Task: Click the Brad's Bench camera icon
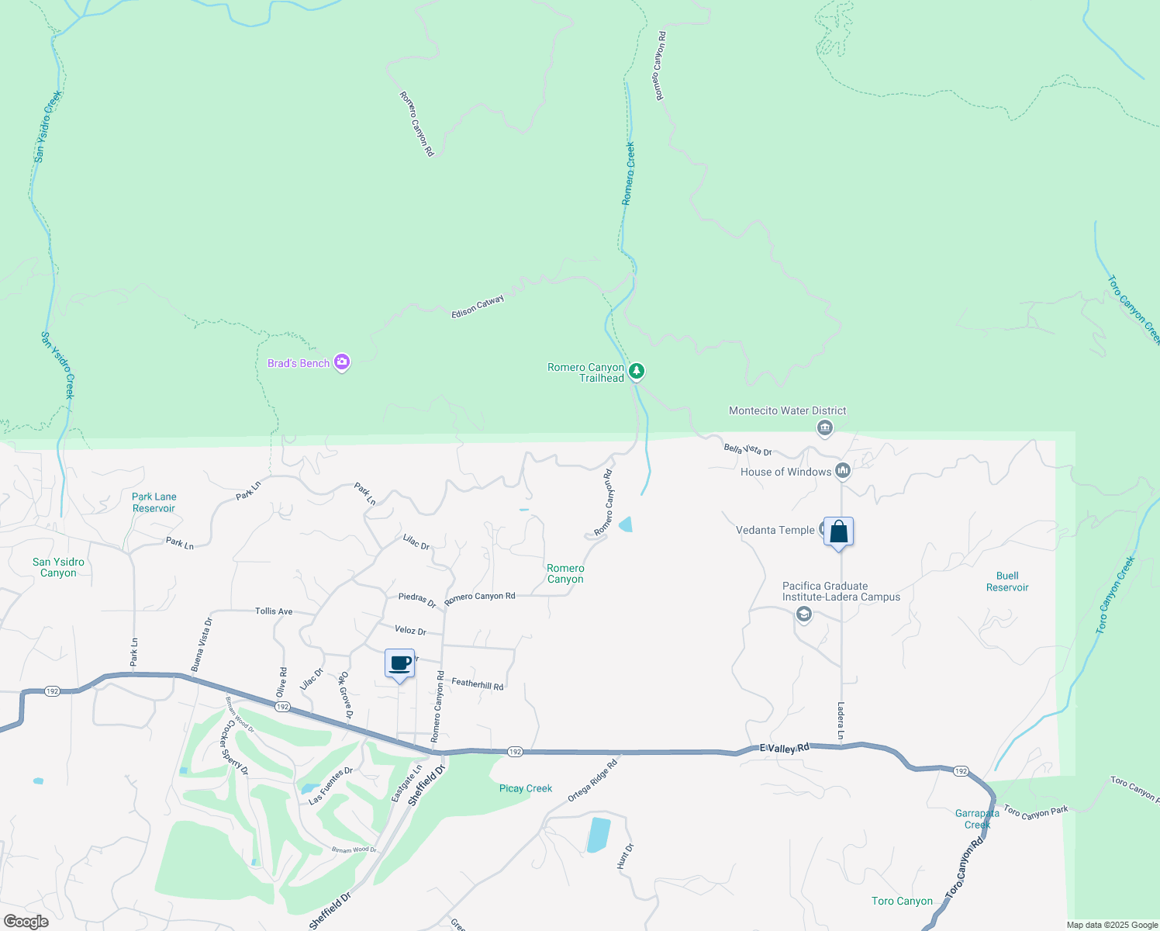click(342, 362)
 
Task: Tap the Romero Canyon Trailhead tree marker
click(637, 372)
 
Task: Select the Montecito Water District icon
click(825, 427)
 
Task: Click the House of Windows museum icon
click(843, 471)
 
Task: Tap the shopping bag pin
click(838, 532)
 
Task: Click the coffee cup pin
click(399, 664)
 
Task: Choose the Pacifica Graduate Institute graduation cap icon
click(804, 614)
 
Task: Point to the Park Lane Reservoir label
click(154, 503)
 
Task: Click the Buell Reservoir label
click(1007, 581)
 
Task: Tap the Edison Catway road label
click(478, 306)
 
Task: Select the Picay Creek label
click(526, 788)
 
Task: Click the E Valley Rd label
click(784, 748)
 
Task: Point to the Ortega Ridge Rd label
click(592, 780)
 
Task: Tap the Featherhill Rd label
click(478, 684)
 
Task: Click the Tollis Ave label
click(274, 611)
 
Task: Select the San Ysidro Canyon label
click(59, 567)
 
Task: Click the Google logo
click(26, 922)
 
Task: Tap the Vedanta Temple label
click(775, 530)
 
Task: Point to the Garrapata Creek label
click(977, 819)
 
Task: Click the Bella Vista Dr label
click(747, 449)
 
